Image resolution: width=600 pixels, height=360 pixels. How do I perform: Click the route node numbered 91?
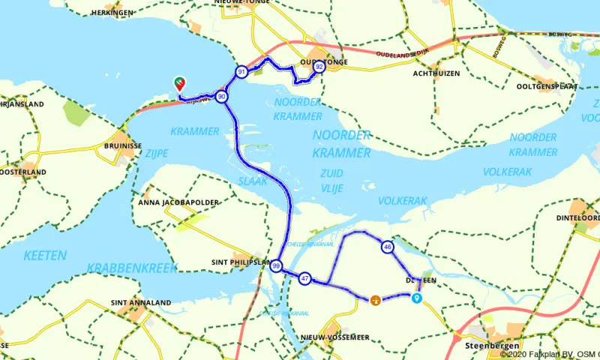pos(241,72)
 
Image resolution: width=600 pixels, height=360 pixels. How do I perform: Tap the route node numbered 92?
pos(319,67)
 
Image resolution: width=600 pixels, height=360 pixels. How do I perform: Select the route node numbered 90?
pos(221,97)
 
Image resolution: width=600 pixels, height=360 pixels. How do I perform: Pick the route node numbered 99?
pos(277,266)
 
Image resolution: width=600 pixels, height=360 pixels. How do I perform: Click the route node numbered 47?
pos(304,278)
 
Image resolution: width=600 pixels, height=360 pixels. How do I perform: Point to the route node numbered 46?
pos(387,247)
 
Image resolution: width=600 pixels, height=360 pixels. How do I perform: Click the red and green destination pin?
pos(180,83)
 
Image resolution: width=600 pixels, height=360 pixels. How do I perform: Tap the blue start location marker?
pos(416,298)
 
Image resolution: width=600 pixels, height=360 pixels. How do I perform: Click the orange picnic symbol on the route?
pos(374,300)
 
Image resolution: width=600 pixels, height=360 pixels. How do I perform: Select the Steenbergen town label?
pos(487,346)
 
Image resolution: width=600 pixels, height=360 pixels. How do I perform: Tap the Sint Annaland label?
pos(140,302)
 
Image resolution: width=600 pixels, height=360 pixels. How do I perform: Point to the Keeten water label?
pos(45,256)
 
